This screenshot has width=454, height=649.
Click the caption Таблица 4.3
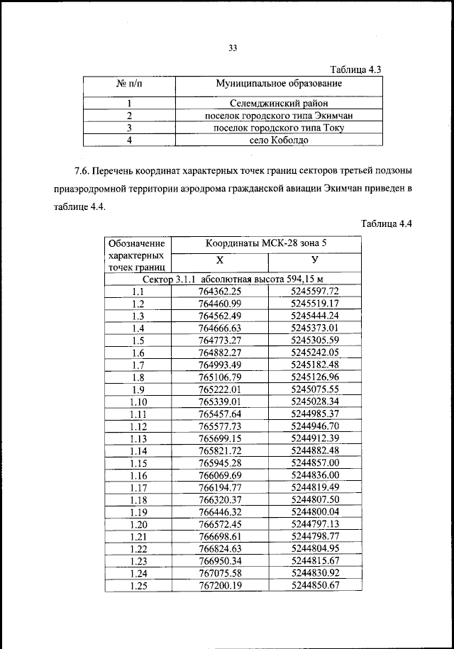(x=358, y=70)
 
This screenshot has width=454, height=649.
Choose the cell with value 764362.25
(x=221, y=291)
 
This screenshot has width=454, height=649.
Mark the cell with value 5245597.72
(x=316, y=291)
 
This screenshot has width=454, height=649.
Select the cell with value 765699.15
(x=221, y=438)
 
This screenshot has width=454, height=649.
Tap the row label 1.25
(x=138, y=585)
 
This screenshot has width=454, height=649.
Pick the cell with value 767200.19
(x=221, y=585)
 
